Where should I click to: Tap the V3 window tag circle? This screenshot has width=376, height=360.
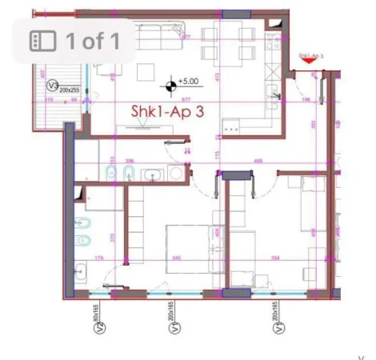tap(54, 85)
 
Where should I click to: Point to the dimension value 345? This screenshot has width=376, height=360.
tap(177, 258)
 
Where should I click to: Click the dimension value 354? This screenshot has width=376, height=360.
tap(274, 258)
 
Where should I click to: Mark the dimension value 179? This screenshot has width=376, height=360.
tap(100, 258)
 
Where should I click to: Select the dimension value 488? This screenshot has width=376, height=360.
tap(258, 161)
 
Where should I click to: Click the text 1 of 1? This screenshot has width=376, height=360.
tap(93, 41)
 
